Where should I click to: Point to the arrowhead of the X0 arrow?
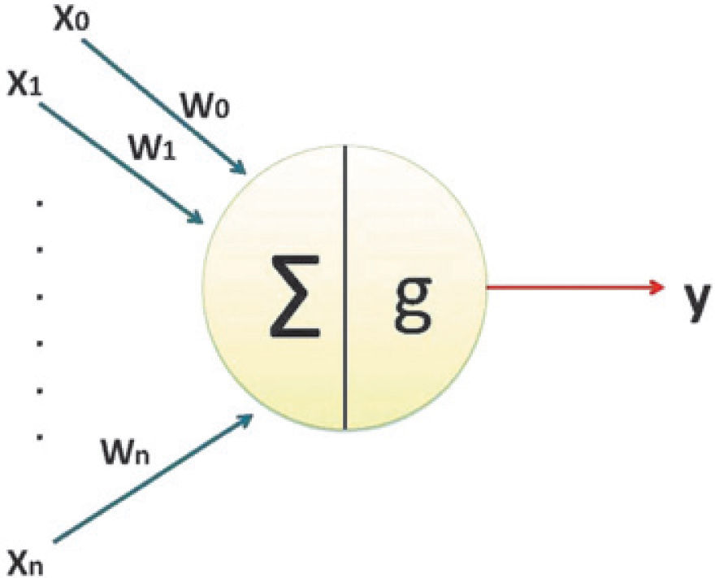click(x=240, y=169)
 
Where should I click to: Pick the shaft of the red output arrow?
click(x=569, y=287)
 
